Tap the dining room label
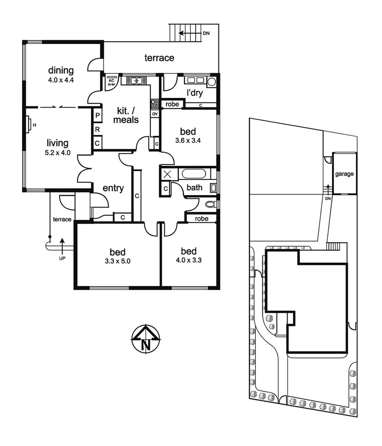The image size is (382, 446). point(61,70)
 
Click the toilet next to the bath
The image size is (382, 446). point(210,204)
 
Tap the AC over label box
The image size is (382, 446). point(111,83)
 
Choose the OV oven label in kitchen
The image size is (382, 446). point(155,114)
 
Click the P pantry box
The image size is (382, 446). point(98,116)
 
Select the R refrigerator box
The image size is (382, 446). point(98,129)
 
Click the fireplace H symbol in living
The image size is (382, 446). point(29,124)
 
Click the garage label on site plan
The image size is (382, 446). point(345,174)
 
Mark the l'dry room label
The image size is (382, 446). point(195,93)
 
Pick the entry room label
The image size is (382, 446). point(113,188)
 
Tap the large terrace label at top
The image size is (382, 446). point(159,58)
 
